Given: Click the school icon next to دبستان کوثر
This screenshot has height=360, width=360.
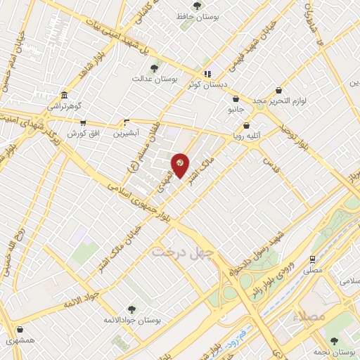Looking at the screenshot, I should (x=207, y=74).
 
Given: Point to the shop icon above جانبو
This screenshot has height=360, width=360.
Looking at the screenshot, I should (x=235, y=99).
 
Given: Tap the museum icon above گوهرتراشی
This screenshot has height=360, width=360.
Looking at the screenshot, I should (x=65, y=95).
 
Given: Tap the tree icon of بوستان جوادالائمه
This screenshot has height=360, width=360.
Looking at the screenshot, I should (x=131, y=309).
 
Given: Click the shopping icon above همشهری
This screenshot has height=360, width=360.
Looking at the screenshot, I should (x=19, y=330).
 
